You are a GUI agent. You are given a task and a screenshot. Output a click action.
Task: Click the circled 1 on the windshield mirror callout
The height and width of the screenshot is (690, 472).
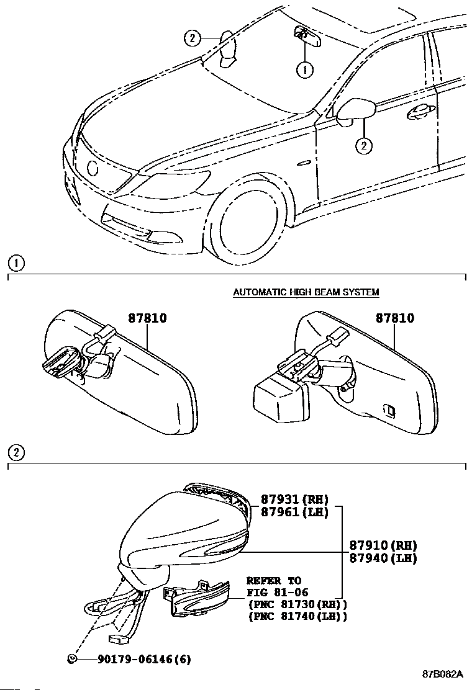pyautogui.click(x=304, y=70)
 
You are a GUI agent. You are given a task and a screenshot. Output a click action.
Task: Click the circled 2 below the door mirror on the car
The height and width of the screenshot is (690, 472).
pyautogui.click(x=364, y=146)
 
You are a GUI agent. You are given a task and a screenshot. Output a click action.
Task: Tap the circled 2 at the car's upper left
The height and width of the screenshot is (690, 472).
pyautogui.click(x=192, y=38)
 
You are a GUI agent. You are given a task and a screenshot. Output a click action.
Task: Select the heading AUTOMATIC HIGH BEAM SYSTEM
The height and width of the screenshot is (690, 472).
pyautogui.click(x=306, y=292)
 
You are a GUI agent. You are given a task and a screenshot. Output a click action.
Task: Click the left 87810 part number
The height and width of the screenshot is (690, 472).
pyautogui.click(x=147, y=318)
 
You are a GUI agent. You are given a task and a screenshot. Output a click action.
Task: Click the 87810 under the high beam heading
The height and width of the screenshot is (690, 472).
pyautogui.click(x=394, y=318)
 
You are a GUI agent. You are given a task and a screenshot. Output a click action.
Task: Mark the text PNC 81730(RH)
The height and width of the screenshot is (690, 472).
pyautogui.click(x=297, y=604)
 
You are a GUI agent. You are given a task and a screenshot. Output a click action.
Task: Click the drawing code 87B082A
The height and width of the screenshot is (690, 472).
pyautogui.click(x=443, y=674)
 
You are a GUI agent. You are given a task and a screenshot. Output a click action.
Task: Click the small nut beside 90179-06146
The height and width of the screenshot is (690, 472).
pyautogui.click(x=73, y=658)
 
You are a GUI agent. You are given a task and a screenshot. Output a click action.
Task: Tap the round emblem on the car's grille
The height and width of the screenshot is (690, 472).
pyautogui.click(x=93, y=168)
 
